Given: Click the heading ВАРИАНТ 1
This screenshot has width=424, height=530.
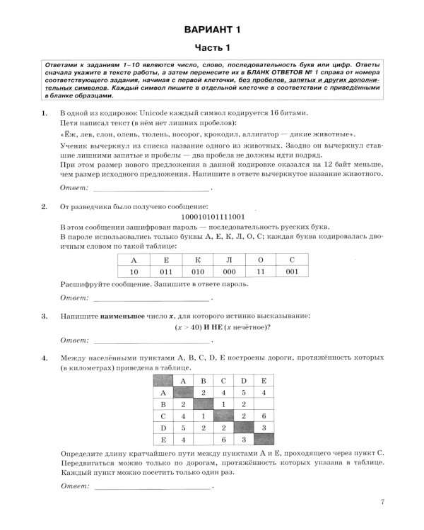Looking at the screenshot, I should pos(212,30).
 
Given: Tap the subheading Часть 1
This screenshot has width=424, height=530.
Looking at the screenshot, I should pos(212,48).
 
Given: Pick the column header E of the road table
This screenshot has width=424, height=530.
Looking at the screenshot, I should pos(263,380).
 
